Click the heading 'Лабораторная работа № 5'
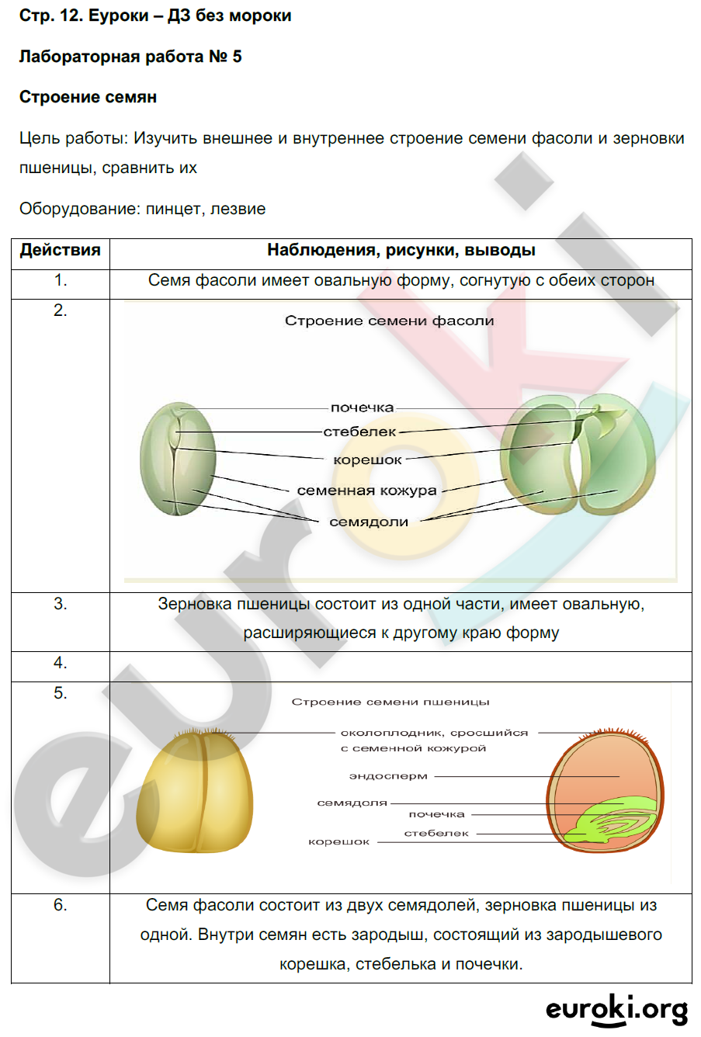[130, 57]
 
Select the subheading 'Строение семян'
[88, 97]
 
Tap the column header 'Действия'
[61, 250]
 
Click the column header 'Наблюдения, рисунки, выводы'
[401, 250]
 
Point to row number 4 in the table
[61, 663]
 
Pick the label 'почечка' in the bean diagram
[362, 408]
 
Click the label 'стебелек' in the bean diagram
[359, 432]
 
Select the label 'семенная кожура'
[366, 491]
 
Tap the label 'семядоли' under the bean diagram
[369, 522]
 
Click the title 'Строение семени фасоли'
[389, 321]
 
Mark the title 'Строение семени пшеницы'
[390, 702]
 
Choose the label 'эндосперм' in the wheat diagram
[388, 775]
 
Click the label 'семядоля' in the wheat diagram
[352, 803]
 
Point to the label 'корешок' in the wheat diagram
[339, 841]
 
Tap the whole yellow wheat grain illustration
[194, 792]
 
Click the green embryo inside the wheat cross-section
[613, 821]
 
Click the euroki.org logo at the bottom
[616, 1009]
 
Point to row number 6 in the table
[61, 905]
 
